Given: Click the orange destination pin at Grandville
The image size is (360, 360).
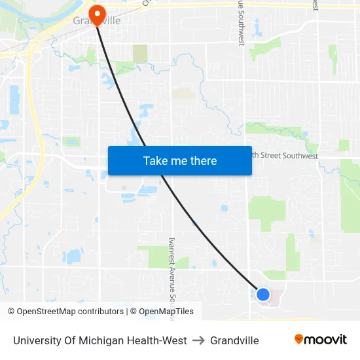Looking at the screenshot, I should tap(97, 15).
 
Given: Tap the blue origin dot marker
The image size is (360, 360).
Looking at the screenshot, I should tap(263, 295).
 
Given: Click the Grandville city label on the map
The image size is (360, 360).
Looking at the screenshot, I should tap(97, 21).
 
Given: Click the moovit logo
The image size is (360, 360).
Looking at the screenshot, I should tap(320, 340).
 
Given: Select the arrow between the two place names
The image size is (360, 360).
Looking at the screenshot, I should tap(198, 340).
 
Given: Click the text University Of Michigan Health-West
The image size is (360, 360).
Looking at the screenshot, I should tap(100, 340).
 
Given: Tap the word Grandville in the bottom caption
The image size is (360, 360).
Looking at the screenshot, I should tap(234, 340).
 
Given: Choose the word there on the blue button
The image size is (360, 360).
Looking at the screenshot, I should tap(203, 160).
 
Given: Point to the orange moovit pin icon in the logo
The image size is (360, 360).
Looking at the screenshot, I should tap(298, 339).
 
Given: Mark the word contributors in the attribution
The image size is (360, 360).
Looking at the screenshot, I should tap(100, 312).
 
